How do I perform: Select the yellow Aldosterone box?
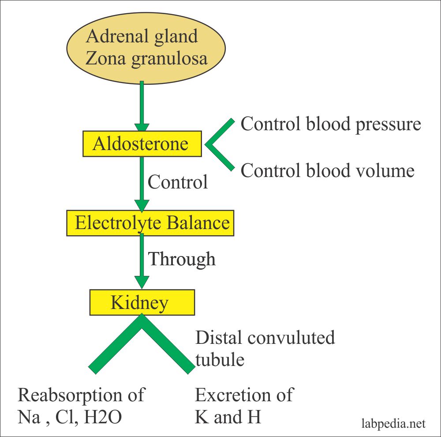142,144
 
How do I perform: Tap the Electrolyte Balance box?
150,222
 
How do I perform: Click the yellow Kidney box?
142,302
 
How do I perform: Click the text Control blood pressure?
331,124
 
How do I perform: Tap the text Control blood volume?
327,170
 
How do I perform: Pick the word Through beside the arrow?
182,259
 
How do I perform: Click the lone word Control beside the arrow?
178,181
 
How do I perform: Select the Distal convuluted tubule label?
265,348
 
